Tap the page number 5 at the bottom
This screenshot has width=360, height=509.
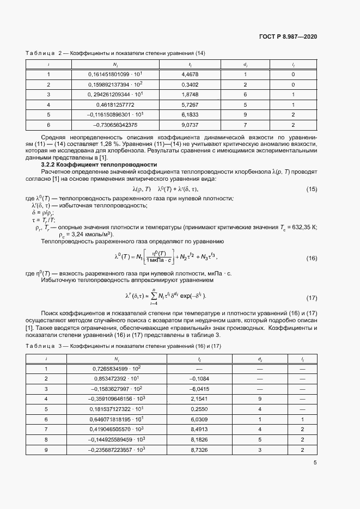(x=315, y=463)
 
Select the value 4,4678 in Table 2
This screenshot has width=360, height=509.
(x=190, y=74)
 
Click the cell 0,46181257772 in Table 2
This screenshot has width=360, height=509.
(x=115, y=105)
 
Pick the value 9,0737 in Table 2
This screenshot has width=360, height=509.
(x=190, y=125)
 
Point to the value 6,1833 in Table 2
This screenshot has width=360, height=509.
(x=190, y=115)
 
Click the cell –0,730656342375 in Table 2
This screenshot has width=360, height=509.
(x=115, y=125)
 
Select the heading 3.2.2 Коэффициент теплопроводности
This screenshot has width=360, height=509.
(x=99, y=164)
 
